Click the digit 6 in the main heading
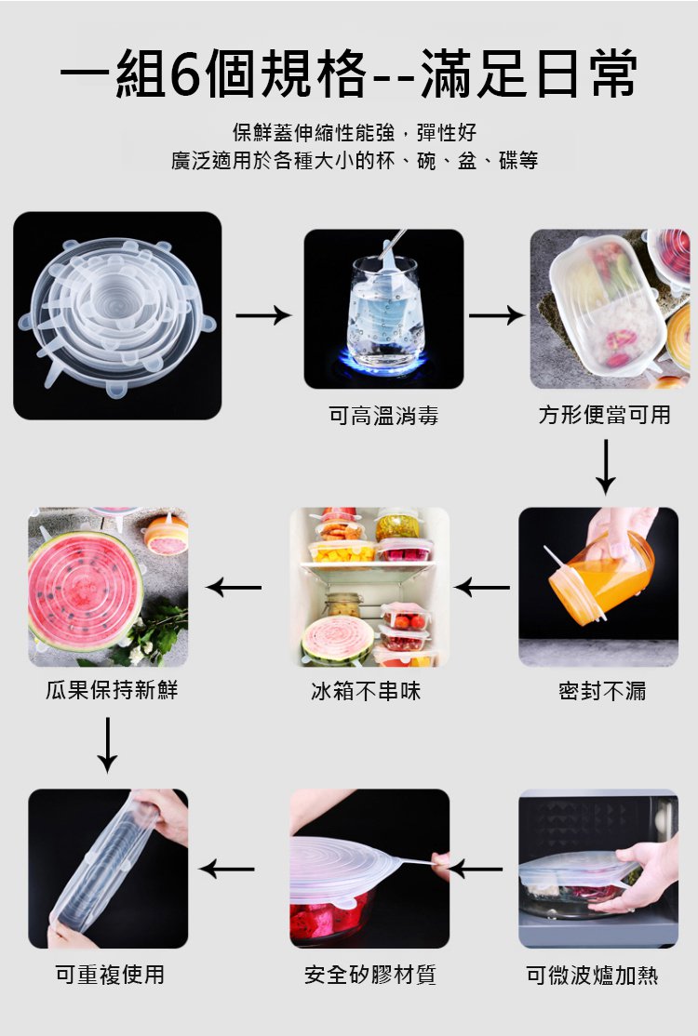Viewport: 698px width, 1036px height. click(x=188, y=73)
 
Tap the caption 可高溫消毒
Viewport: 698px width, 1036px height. click(x=383, y=416)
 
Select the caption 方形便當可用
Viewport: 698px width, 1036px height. click(x=605, y=415)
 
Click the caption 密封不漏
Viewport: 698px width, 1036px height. click(x=602, y=691)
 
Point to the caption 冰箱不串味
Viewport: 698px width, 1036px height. click(x=366, y=691)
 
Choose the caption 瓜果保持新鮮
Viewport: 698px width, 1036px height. click(x=112, y=690)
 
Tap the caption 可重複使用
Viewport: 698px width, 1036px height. click(x=110, y=975)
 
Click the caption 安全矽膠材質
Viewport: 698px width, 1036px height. click(x=370, y=975)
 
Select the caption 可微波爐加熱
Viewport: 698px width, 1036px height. click(x=592, y=975)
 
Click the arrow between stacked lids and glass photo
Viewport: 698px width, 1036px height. click(x=263, y=315)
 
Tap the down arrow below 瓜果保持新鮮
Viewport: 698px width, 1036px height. click(x=107, y=745)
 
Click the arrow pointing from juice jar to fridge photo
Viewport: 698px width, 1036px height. click(x=482, y=587)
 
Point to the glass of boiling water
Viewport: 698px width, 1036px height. click(x=384, y=312)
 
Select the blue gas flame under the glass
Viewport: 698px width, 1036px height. click(x=383, y=362)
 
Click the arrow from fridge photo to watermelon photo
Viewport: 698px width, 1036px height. click(x=234, y=587)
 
